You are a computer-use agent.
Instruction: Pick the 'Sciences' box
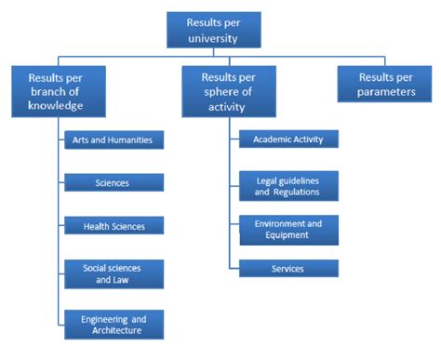113,183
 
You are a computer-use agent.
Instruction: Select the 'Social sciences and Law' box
113,273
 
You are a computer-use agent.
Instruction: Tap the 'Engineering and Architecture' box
113,324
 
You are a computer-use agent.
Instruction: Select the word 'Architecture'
112,330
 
